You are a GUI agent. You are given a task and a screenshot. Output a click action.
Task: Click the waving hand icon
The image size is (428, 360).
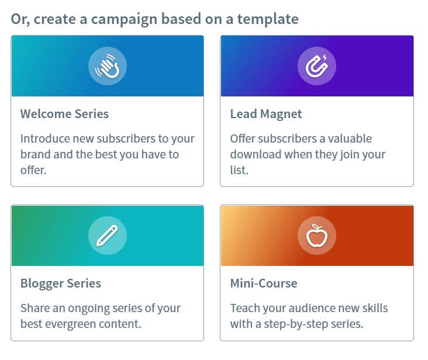[x=108, y=66]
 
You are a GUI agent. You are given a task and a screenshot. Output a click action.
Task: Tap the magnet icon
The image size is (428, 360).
[x=317, y=66]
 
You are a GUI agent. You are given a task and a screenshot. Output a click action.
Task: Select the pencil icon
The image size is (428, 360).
[x=107, y=236]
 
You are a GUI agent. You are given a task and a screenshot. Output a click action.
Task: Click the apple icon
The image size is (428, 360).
[x=317, y=236]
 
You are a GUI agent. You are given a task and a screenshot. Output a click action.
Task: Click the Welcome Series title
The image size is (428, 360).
[x=64, y=114]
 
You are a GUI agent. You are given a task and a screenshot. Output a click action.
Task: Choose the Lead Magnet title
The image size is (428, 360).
[x=266, y=114]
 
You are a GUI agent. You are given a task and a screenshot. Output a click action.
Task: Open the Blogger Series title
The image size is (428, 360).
[x=61, y=283]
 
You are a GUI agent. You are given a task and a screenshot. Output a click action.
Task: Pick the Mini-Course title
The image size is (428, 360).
[x=264, y=283]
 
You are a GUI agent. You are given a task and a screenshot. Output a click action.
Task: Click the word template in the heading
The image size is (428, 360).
[x=268, y=19]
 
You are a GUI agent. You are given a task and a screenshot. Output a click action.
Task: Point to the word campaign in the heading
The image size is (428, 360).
[x=124, y=19]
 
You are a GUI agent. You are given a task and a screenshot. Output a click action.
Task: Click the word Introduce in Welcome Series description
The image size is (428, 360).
[x=45, y=139]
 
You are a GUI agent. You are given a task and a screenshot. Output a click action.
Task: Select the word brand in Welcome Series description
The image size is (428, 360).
[x=36, y=154]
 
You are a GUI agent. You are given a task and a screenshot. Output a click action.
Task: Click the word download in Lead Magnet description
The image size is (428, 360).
[x=256, y=154]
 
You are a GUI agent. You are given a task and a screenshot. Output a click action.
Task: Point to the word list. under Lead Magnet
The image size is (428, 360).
[x=239, y=170]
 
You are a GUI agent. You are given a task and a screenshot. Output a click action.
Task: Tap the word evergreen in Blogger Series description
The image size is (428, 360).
[x=70, y=324]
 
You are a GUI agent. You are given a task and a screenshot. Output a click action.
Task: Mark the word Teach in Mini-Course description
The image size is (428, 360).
[x=244, y=308]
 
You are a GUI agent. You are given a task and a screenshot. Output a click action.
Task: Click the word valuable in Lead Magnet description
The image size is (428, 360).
[x=350, y=139]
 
